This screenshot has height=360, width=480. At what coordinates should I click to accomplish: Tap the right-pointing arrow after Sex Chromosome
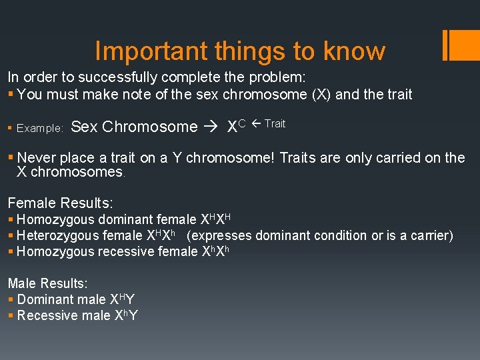(x=212, y=127)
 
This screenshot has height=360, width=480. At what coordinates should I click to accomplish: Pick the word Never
(x=37, y=158)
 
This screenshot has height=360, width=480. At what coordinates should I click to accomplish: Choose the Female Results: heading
(x=60, y=203)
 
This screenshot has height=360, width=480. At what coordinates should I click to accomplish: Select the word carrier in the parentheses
(x=430, y=235)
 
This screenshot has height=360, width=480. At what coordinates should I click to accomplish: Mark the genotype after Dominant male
(x=126, y=299)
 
